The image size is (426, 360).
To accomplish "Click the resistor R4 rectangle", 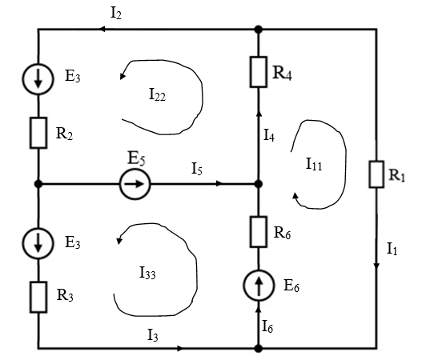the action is coord(258,72).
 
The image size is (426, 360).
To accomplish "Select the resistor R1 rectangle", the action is coord(376,174).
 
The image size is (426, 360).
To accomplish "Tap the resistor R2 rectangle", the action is coord(38,133).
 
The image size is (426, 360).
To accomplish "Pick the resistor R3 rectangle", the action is coord(38,297).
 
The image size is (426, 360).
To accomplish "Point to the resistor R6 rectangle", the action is coord(258,232).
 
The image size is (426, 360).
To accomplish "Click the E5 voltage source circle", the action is coord(135,184).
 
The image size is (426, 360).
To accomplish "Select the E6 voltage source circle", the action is coord(259,286).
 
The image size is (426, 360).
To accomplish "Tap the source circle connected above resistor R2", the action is coord(38,78).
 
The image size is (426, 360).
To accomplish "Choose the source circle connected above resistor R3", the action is coord(38,243).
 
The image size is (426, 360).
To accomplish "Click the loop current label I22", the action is coord(157,95).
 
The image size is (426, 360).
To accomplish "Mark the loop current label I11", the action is coord(314,164).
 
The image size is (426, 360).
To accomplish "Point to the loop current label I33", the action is coord(147,273).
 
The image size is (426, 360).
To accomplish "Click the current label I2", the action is coord(116,14).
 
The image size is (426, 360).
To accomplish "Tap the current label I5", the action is coord(197,169).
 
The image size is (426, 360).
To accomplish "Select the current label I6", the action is coord(267,326).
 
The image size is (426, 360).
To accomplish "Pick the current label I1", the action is coord(392,249).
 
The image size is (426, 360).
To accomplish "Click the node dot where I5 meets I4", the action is coord(259,184).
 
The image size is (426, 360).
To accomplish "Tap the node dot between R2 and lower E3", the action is coord(38,184).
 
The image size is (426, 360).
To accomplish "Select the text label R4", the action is coord(283,73).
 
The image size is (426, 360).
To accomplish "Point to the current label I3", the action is coord(153,334).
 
